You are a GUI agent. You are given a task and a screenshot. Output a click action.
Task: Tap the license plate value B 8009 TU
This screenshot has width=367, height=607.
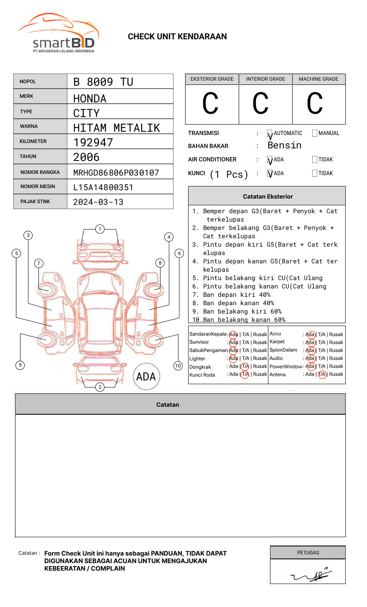point(103,82)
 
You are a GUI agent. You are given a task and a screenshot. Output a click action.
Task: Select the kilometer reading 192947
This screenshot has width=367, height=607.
point(93,143)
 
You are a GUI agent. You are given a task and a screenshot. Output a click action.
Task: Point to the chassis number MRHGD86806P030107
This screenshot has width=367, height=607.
point(116,173)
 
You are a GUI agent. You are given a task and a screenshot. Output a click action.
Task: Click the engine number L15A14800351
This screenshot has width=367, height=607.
point(103,187)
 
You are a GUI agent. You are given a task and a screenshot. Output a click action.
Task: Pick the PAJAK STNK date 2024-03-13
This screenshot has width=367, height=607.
point(98,202)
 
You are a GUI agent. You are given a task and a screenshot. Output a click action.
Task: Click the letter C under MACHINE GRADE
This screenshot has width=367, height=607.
point(315,104)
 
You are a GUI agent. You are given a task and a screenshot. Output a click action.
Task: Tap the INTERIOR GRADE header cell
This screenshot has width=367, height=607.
point(265,79)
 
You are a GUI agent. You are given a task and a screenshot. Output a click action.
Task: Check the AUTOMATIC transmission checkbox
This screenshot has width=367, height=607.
point(270,133)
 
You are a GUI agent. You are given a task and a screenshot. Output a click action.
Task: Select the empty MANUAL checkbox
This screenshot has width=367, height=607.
point(315,133)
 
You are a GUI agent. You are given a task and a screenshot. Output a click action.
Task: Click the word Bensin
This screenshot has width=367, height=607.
point(285,145)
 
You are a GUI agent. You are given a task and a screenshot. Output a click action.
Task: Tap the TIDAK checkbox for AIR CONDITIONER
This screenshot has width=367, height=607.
point(315,160)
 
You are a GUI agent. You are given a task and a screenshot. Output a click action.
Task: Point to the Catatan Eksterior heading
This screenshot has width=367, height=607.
point(268,196)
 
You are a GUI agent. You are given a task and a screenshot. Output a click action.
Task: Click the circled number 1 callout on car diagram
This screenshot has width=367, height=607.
point(99,229)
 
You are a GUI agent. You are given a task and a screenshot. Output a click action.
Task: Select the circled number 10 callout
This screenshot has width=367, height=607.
point(178,366)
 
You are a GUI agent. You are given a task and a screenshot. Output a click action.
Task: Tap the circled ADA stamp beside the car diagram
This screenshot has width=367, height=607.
point(146,377)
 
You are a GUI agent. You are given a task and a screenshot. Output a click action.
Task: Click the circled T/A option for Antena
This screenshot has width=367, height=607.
point(322,375)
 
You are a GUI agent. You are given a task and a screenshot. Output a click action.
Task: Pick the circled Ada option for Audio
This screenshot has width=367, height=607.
point(310,358)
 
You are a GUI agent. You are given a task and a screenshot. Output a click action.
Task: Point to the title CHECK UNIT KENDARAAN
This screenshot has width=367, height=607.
point(177,37)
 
